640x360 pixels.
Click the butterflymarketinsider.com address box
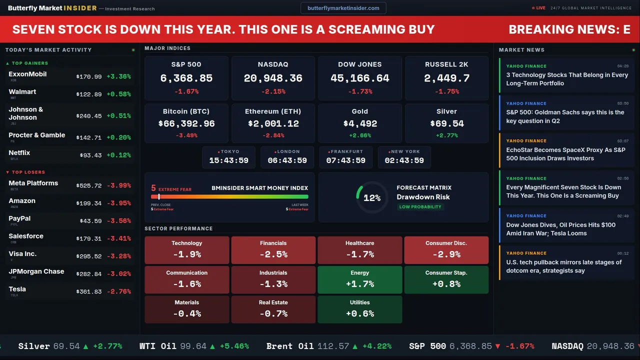point(343,8)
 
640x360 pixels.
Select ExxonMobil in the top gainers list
point(27,74)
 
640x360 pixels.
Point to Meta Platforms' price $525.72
point(89,185)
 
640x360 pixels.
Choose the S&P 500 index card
point(186,78)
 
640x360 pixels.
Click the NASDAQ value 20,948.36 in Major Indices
point(273,78)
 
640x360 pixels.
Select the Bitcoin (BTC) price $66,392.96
point(186,123)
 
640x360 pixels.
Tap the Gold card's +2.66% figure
point(360,135)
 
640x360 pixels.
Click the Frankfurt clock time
point(345,160)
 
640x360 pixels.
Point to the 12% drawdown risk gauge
point(371,198)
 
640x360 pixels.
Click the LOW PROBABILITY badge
point(420,207)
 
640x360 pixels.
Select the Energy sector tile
point(360,279)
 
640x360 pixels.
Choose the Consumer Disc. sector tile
point(446,250)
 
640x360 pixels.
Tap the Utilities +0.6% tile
point(360,309)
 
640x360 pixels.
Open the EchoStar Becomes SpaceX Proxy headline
point(565,154)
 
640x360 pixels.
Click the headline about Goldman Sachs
point(565,116)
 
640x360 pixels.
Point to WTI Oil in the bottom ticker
point(158,346)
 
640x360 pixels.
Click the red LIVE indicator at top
point(539,8)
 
